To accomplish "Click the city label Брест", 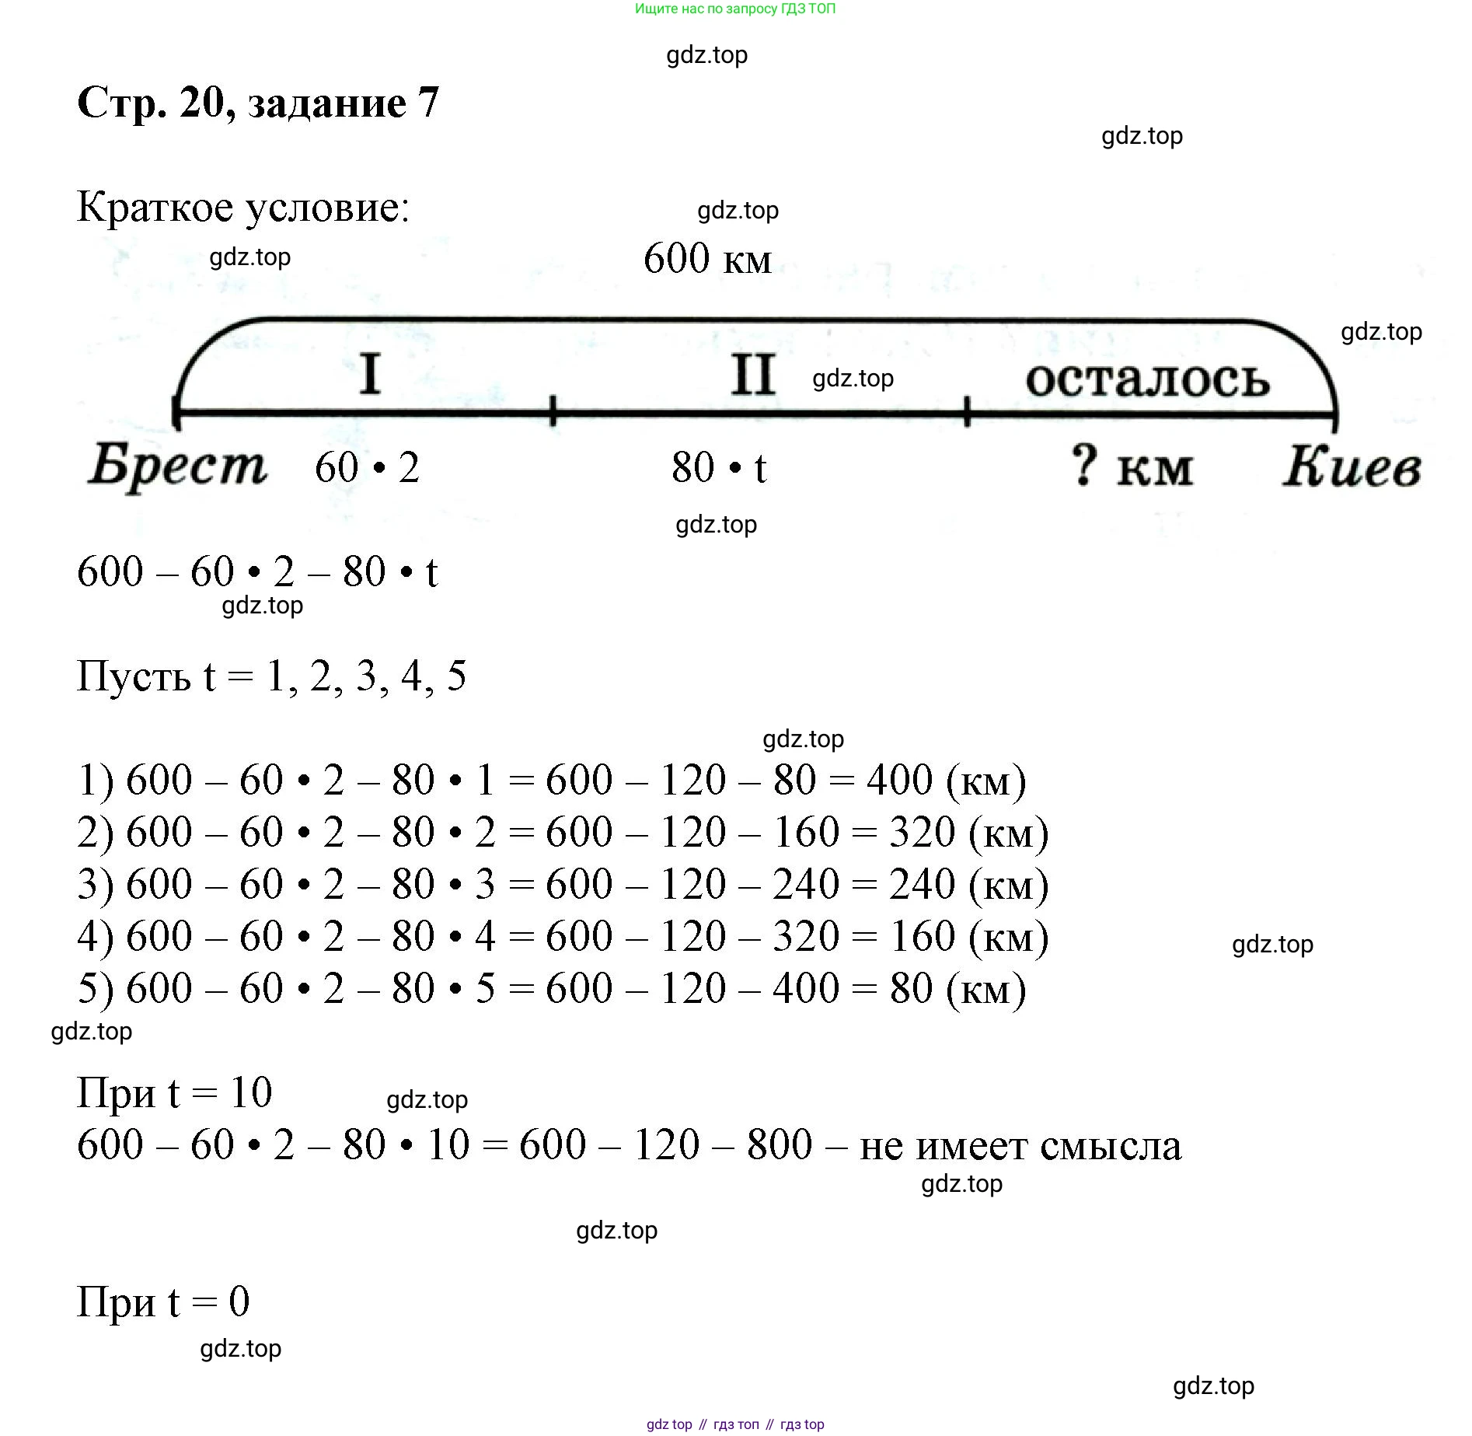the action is click(178, 467).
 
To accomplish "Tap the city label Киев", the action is click(1352, 467).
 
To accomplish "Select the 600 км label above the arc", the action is click(707, 258).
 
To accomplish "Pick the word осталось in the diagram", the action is click(1147, 379).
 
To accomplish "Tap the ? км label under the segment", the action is click(1131, 466).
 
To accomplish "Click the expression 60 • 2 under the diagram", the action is click(367, 467).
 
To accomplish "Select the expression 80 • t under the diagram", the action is click(719, 467).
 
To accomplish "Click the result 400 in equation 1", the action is click(899, 780).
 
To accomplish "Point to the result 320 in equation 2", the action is click(922, 832).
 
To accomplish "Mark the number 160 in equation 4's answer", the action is click(922, 936).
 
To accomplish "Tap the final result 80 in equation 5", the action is click(911, 988).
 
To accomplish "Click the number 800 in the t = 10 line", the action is click(780, 1144).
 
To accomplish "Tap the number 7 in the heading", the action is click(428, 103).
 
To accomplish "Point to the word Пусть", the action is click(134, 676).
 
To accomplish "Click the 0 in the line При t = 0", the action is click(239, 1301).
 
